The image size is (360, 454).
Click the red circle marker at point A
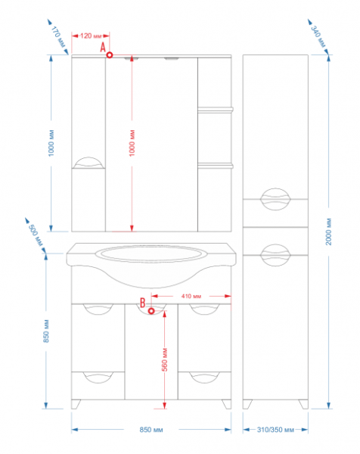tap(110, 54)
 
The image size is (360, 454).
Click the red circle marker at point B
tap(151, 311)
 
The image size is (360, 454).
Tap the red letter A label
tap(103, 47)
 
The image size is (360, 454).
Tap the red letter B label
tap(142, 303)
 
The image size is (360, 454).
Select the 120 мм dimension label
tap(91, 36)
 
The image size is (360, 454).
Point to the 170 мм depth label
tap(58, 37)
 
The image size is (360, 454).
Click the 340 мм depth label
tap(318, 36)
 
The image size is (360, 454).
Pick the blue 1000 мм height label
tap(51, 143)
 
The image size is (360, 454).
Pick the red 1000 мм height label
tap(132, 143)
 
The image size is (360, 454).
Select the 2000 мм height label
tap(328, 232)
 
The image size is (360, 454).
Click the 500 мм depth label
tap(36, 235)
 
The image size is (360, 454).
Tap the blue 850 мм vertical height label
tap(46, 331)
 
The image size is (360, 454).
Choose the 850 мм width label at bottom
tap(151, 430)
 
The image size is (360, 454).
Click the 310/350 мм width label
tap(275, 430)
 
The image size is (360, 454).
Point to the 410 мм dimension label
tap(191, 296)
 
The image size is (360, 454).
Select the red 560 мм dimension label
tap(164, 360)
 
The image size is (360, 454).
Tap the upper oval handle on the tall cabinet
tap(275, 199)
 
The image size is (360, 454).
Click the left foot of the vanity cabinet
tap(76, 404)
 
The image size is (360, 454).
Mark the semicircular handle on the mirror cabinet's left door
tap(88, 163)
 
